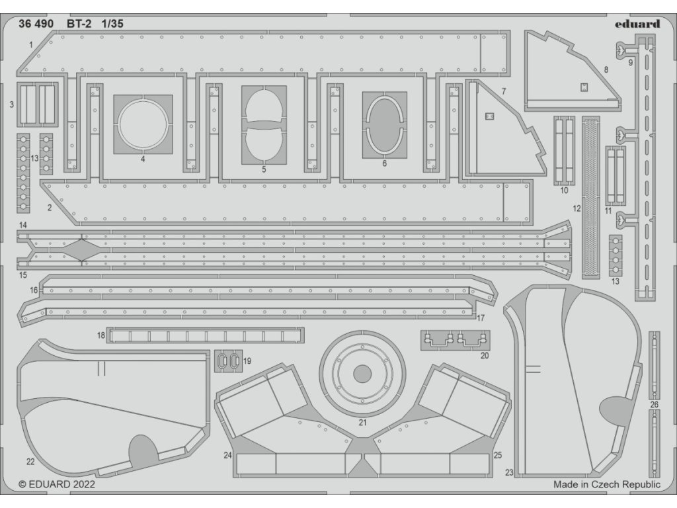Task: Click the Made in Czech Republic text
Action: (x=606, y=485)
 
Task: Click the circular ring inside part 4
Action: (x=143, y=124)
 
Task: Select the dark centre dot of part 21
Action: (x=362, y=374)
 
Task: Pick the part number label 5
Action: (x=263, y=170)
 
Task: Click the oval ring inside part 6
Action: (x=384, y=124)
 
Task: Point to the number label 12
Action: (x=577, y=208)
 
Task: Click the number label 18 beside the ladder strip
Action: (x=100, y=335)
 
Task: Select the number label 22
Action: (x=30, y=461)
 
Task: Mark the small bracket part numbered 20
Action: (x=456, y=340)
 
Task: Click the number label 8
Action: (x=606, y=68)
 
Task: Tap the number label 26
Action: (x=655, y=404)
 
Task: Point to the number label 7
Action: (x=503, y=91)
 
